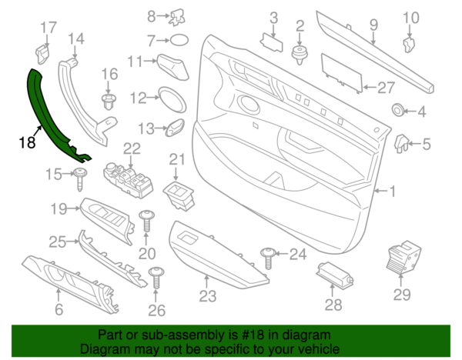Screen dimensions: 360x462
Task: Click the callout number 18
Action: pyautogui.click(x=28, y=142)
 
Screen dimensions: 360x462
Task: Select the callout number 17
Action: pyautogui.click(x=48, y=28)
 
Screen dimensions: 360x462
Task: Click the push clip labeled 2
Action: pyautogui.click(x=299, y=52)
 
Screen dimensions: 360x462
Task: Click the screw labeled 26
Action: pyautogui.click(x=157, y=276)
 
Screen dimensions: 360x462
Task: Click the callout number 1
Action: pyautogui.click(x=393, y=189)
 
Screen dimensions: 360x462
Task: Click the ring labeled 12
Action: pyautogui.click(x=169, y=98)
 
